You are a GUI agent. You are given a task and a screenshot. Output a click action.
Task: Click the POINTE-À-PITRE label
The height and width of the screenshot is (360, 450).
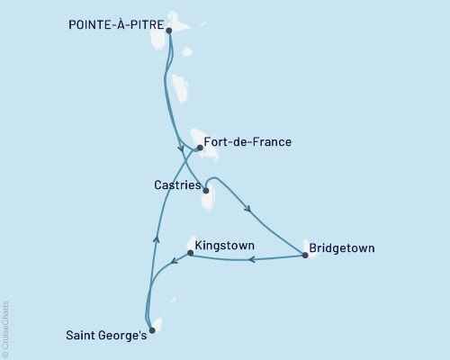[x=116, y=27]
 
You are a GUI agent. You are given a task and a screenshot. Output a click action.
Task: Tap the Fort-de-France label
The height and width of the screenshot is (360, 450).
[x=247, y=142]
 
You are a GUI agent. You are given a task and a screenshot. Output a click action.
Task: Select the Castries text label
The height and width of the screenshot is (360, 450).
[x=175, y=184]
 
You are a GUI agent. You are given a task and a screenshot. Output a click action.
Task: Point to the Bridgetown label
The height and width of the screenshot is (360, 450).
[x=341, y=247]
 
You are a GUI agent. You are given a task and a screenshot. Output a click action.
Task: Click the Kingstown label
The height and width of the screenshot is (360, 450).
[x=224, y=245]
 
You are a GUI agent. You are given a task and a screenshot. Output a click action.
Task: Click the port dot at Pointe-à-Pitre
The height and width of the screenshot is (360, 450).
[x=169, y=30]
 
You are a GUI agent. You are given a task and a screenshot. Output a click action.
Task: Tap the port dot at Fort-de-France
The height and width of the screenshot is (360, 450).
[x=199, y=148]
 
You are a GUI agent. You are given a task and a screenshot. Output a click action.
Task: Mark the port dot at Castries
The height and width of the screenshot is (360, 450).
[x=206, y=191]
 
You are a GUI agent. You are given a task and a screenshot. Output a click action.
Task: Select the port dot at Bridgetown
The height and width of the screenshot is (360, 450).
[x=305, y=256]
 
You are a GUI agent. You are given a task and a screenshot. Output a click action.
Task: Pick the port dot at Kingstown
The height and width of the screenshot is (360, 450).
[x=189, y=253]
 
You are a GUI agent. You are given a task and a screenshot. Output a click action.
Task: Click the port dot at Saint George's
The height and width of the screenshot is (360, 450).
[x=151, y=330]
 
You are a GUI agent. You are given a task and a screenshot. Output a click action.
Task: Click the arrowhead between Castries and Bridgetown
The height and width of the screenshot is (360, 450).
[x=247, y=211]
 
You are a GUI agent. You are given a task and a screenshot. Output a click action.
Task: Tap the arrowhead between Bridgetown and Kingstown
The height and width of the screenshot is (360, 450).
[x=251, y=260]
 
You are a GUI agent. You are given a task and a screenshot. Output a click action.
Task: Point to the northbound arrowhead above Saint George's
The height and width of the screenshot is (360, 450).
[x=156, y=239]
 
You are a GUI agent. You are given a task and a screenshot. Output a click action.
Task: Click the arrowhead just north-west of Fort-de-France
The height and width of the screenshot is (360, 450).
[x=181, y=148]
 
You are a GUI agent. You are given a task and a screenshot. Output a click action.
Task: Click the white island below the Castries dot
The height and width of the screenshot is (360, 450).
[x=209, y=202]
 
